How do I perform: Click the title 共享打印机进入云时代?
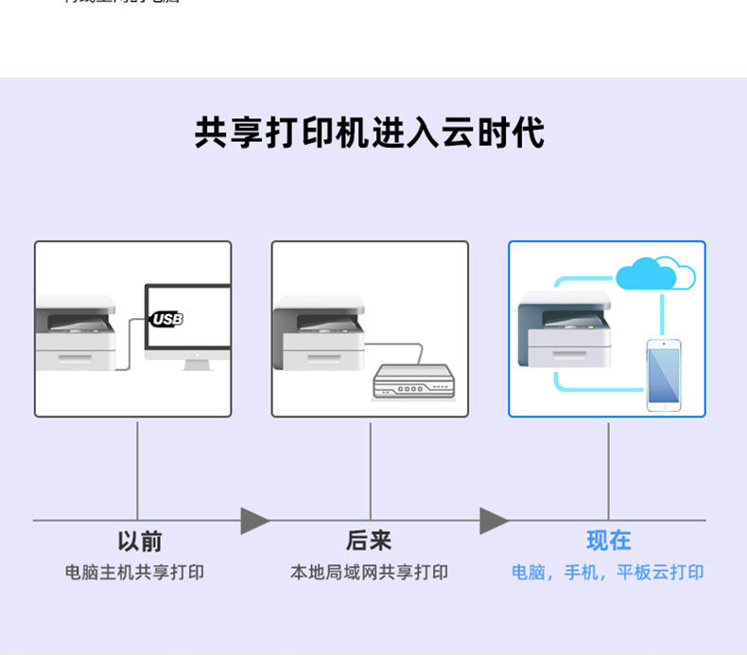[x=370, y=133]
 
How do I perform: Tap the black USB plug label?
[x=166, y=319]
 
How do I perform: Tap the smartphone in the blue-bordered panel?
[x=664, y=374]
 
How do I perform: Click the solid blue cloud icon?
[x=646, y=275]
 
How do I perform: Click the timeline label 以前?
[x=139, y=541]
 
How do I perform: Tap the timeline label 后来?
[x=369, y=541]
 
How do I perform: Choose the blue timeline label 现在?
[x=608, y=541]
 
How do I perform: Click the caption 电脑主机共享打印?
[x=134, y=573]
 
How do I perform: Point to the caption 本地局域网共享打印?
[x=369, y=573]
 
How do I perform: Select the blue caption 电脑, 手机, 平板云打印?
[x=608, y=573]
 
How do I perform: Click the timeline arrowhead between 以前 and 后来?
[x=253, y=521]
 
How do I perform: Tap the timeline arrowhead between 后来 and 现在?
[x=493, y=521]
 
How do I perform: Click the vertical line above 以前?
[x=138, y=469]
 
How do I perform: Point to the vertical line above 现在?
[x=608, y=469]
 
